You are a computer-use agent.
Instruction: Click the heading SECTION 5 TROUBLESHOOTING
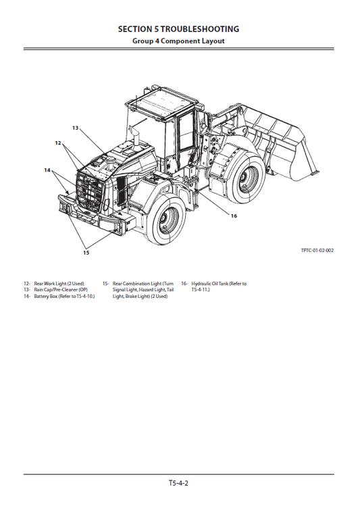(178, 29)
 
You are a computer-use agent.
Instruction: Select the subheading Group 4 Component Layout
(178, 41)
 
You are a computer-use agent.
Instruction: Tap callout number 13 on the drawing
(76, 128)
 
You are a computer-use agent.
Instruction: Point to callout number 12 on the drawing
(58, 143)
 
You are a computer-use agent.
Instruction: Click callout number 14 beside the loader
(47, 170)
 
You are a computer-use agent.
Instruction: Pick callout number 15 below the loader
(86, 253)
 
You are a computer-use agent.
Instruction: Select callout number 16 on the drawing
(234, 216)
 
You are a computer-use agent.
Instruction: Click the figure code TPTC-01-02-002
(317, 251)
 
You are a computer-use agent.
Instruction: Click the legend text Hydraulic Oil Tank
(219, 284)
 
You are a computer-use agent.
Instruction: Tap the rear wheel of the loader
(163, 222)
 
